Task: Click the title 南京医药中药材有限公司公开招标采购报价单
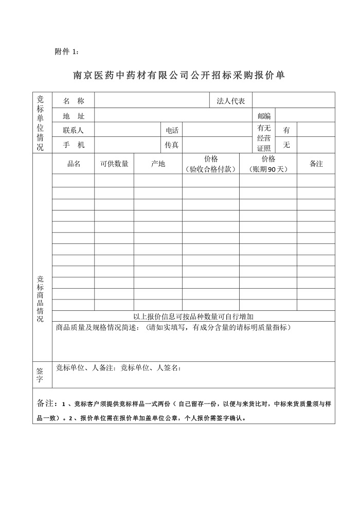pyautogui.click(x=179, y=75)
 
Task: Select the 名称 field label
pyautogui.click(x=73, y=101)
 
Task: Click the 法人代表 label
pyautogui.click(x=231, y=101)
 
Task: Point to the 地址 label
pyautogui.click(x=73, y=116)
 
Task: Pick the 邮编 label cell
pyautogui.click(x=264, y=116)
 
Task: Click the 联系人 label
pyautogui.click(x=73, y=130)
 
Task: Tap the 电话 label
pyautogui.click(x=172, y=130)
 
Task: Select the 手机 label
pyautogui.click(x=73, y=145)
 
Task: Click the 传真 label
pyautogui.click(x=172, y=145)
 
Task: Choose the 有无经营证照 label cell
pyautogui.click(x=264, y=137)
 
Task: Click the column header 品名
pyautogui.click(x=74, y=164)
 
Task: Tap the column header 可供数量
pyautogui.click(x=114, y=164)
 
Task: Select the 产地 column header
pyautogui.click(x=158, y=164)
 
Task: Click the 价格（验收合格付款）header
pyautogui.click(x=211, y=164)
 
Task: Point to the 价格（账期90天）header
pyautogui.click(x=268, y=164)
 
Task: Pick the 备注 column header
pyautogui.click(x=316, y=164)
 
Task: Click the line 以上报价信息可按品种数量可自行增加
pyautogui.click(x=193, y=317)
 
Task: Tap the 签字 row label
pyautogui.click(x=41, y=374)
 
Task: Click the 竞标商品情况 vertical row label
pyautogui.click(x=41, y=299)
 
